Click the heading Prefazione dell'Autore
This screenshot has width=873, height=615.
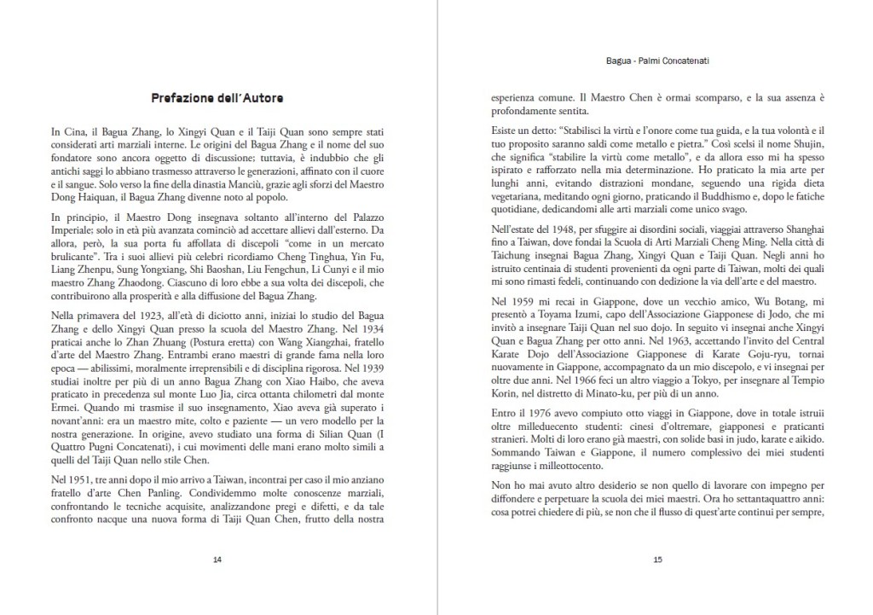click(217, 98)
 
